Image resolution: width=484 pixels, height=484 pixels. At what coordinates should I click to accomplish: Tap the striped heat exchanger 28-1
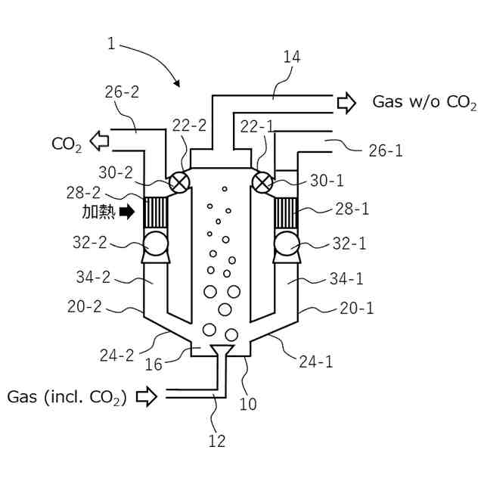(286, 213)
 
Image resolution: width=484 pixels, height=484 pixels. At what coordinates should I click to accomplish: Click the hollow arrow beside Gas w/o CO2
(346, 103)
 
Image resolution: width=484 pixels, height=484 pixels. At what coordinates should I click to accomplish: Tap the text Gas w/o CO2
(424, 103)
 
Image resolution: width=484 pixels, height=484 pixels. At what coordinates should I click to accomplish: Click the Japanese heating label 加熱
(98, 213)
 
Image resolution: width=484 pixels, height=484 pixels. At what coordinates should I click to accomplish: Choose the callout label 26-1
(386, 151)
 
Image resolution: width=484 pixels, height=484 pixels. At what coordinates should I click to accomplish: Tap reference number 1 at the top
(112, 44)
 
